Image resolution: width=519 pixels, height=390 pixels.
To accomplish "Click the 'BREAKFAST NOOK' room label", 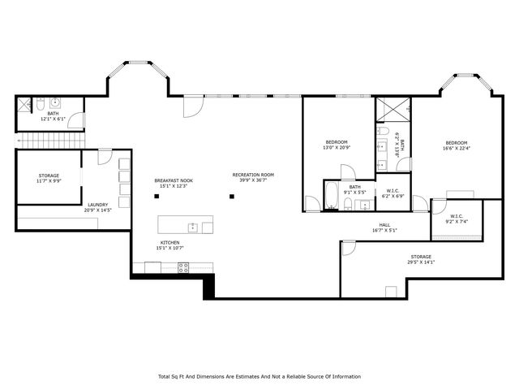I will (x=174, y=180).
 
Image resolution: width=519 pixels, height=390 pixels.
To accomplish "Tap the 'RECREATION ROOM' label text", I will (x=253, y=175).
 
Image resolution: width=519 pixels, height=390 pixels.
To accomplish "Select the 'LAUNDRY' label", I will (x=98, y=205).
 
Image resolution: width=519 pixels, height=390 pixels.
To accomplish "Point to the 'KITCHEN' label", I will (x=169, y=243).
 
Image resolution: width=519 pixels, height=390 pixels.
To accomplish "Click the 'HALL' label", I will (x=384, y=225).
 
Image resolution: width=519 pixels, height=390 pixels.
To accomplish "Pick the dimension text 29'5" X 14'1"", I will (x=421, y=262).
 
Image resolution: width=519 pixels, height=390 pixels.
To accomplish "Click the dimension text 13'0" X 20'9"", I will (x=337, y=147).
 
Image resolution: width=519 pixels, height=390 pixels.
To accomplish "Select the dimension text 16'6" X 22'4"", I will (x=457, y=148).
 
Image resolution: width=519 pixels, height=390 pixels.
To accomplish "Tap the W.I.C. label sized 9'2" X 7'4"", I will (x=456, y=221).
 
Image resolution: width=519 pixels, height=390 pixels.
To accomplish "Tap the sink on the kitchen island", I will (x=193, y=226).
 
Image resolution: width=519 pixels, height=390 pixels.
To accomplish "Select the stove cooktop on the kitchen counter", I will (x=183, y=266).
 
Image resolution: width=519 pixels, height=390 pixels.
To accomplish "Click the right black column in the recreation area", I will (x=232, y=196).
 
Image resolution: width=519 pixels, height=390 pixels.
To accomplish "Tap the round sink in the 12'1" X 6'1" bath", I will (x=55, y=103).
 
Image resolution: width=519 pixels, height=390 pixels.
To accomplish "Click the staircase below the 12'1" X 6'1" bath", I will (x=49, y=141).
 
